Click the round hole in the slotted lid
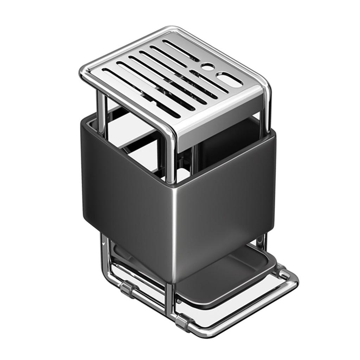pos(208,66)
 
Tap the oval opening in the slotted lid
pos(229,80)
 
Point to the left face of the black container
pos(127,197)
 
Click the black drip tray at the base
pos(225,278)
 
